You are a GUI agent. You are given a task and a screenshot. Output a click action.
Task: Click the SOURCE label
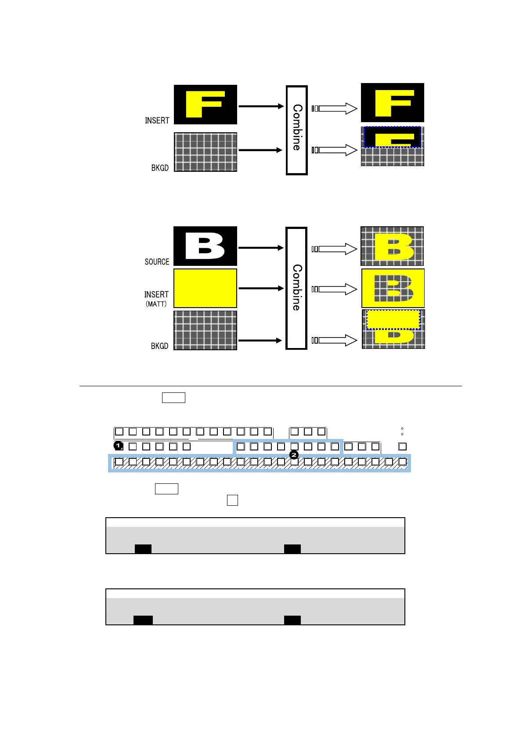pyautogui.click(x=157, y=262)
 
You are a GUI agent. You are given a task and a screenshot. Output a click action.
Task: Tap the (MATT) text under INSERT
pyautogui.click(x=156, y=304)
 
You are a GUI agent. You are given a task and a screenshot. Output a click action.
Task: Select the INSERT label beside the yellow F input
pyautogui.click(x=157, y=120)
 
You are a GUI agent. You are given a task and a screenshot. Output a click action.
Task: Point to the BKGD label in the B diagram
pyautogui.click(x=159, y=346)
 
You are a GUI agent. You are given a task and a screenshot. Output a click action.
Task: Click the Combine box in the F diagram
pyautogui.click(x=297, y=130)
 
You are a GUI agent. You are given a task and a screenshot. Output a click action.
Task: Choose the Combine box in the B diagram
pyautogui.click(x=296, y=288)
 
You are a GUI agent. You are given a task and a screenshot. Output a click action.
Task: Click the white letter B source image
pyautogui.click(x=205, y=246)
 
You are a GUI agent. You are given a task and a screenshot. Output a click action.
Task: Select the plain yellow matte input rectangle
pyautogui.click(x=205, y=288)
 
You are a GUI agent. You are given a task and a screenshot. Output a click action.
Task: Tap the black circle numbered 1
pyautogui.click(x=118, y=446)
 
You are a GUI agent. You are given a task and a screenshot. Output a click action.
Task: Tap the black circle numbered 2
pyautogui.click(x=294, y=455)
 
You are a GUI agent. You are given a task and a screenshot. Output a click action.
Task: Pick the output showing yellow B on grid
pyautogui.click(x=392, y=246)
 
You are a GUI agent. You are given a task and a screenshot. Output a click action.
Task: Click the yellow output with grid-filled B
pyautogui.click(x=393, y=288)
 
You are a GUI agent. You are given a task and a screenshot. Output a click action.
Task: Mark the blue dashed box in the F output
pyautogui.click(x=392, y=137)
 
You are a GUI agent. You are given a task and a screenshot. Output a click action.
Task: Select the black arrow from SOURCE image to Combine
pyautogui.click(x=261, y=248)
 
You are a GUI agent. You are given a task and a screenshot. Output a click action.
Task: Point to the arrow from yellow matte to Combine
pyautogui.click(x=261, y=288)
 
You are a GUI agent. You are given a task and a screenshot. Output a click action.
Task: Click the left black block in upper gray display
pyautogui.click(x=143, y=548)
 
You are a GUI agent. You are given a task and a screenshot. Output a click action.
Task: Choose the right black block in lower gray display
pyautogui.click(x=292, y=620)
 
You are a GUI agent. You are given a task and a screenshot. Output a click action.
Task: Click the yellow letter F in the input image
pyautogui.click(x=205, y=104)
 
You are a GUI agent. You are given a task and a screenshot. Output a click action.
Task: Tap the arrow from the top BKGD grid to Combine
pyautogui.click(x=260, y=150)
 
